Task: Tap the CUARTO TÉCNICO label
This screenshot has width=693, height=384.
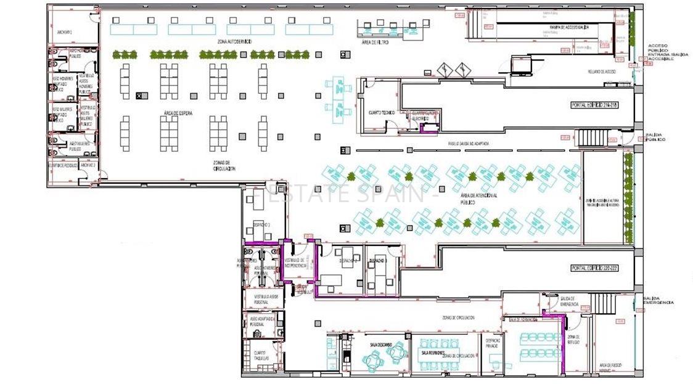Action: click(381, 112)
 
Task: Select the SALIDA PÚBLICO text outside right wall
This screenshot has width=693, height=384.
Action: click(655, 137)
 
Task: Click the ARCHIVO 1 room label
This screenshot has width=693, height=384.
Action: click(65, 31)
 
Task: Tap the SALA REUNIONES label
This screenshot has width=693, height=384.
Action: click(433, 353)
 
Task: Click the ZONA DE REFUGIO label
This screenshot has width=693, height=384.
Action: click(573, 339)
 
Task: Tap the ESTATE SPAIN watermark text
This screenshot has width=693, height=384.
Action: click(345, 194)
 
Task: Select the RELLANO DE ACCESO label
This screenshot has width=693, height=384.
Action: click(602, 71)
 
